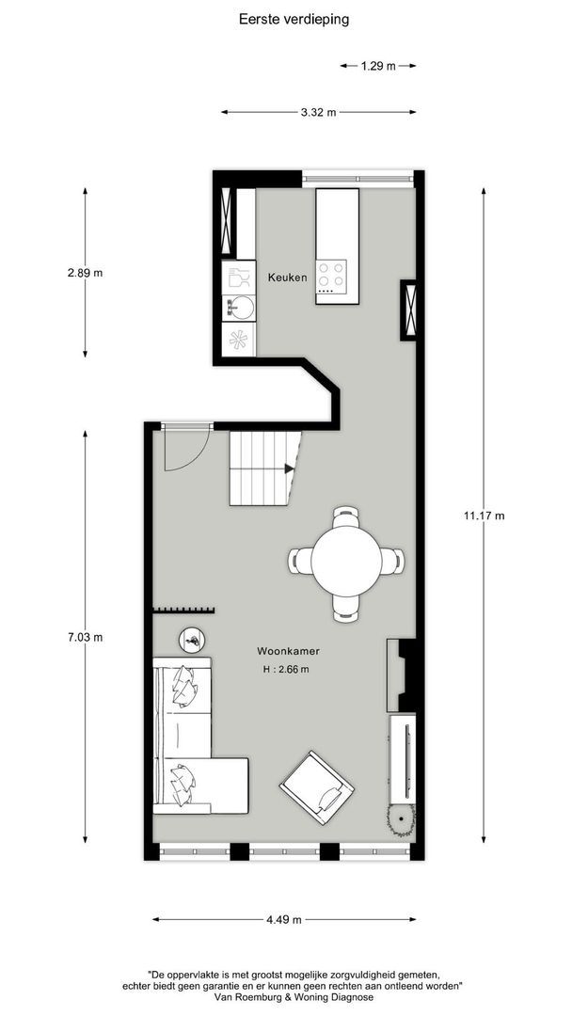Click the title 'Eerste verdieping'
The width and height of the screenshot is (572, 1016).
pos(294,18)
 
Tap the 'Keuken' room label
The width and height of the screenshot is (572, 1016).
pos(287,277)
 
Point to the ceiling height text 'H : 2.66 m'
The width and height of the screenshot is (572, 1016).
pos(286,670)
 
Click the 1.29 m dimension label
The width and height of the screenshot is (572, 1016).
pos(377,66)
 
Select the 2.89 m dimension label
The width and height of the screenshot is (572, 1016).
pos(85,273)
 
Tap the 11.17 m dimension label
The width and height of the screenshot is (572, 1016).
pos(485,516)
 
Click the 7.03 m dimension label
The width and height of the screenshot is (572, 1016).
pos(85,637)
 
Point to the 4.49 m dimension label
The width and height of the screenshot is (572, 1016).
pos(282,920)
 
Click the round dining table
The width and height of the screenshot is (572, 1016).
pos(347,561)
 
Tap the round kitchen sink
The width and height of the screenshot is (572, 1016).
pos(240,307)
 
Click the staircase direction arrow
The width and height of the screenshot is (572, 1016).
pos(289,468)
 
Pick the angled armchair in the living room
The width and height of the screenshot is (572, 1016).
pos(317,786)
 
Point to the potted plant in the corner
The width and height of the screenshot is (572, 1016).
pos(402,820)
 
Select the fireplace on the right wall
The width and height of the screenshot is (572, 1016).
pos(401,675)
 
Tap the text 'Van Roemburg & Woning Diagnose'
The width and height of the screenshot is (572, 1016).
pos(294,996)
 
